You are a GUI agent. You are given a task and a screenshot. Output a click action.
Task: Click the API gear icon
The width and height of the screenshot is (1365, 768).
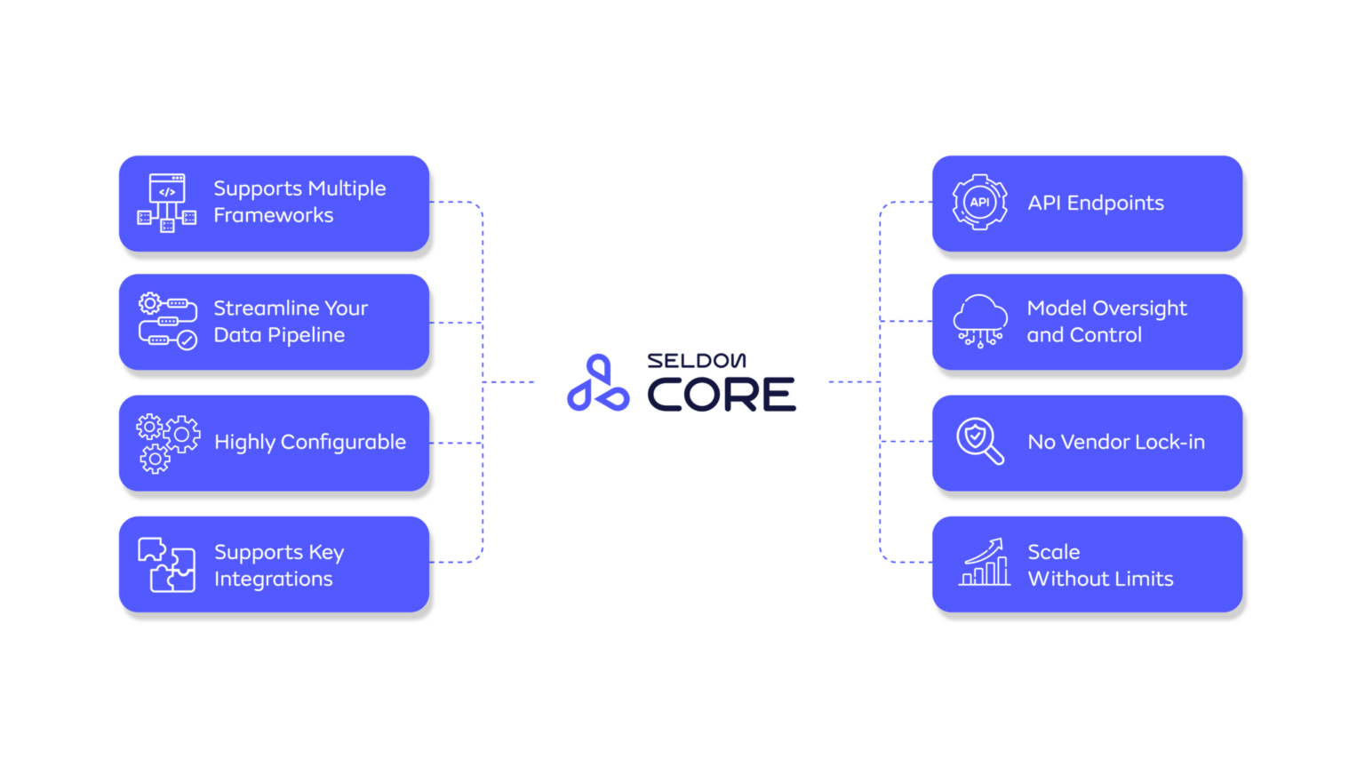pos(979,203)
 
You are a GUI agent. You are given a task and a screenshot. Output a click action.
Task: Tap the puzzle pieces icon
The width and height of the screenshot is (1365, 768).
pos(166,564)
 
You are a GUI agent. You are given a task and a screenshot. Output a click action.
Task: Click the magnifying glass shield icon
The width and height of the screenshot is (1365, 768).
pos(979,442)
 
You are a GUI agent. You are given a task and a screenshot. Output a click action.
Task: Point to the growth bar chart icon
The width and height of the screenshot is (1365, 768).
pos(985,563)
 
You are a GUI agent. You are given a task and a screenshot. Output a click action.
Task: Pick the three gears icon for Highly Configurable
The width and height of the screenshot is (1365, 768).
pos(167,443)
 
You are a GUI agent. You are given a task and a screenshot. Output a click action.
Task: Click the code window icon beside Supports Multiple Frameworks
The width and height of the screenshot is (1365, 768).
pos(166,203)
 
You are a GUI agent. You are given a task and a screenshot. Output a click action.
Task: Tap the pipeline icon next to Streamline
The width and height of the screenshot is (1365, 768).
pos(167,321)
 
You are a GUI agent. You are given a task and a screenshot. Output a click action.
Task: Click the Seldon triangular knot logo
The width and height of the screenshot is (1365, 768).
pos(598,383)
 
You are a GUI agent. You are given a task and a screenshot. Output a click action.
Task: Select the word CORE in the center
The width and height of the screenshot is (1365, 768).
pos(722,395)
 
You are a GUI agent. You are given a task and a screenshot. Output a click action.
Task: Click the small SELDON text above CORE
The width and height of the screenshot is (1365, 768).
pos(696,361)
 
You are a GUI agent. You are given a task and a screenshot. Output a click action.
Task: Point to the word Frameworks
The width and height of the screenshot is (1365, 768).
pos(274,216)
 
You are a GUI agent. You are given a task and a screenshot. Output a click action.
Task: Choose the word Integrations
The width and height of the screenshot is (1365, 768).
pos(274,580)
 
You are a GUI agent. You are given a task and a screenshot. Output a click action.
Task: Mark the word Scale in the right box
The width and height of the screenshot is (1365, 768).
pos(1054,552)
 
